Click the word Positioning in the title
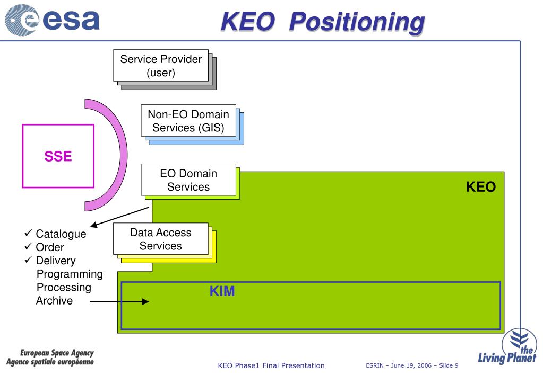[358, 22]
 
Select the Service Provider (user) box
[161, 66]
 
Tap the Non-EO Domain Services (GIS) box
[188, 121]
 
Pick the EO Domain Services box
[188, 180]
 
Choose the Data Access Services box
[160, 239]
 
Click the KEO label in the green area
[480, 187]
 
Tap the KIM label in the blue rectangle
[222, 291]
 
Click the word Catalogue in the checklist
[61, 234]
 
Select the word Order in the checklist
[50, 247]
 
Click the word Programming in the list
[70, 274]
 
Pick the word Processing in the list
[64, 288]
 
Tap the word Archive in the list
[54, 301]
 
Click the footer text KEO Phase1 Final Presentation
[271, 365]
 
